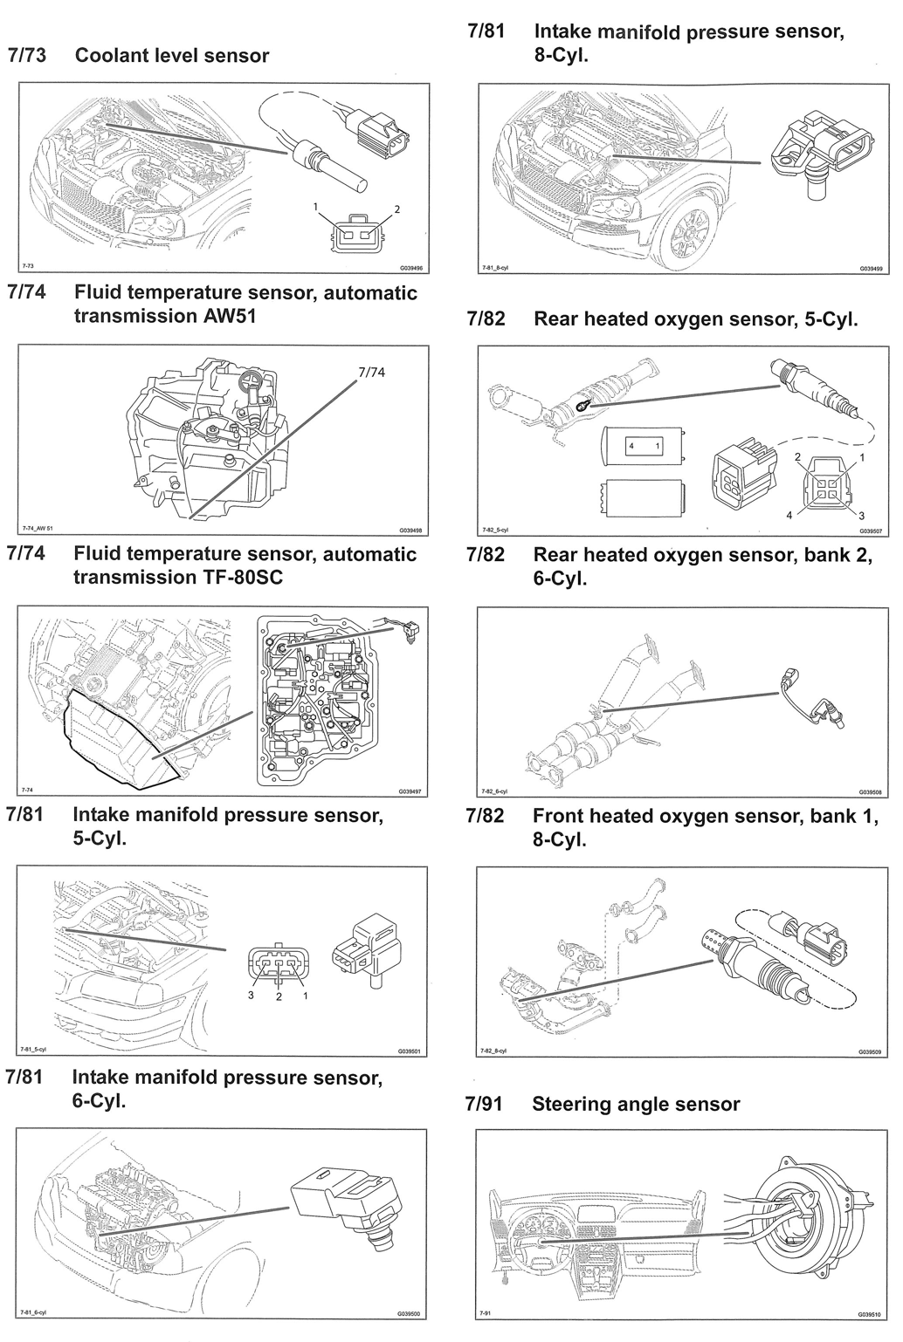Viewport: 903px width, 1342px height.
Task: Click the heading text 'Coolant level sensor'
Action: point(172,56)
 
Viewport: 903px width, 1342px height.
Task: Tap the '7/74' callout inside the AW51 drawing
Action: point(371,372)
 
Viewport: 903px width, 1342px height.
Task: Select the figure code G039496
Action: point(410,270)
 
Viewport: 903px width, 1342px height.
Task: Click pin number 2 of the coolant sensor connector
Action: point(396,210)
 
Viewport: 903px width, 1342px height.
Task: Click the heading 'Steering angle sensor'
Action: point(636,1104)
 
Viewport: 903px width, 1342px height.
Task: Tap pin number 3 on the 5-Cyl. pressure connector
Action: point(251,996)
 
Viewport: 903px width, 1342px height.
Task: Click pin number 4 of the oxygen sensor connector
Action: point(789,515)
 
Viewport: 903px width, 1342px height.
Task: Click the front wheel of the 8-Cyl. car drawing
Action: point(695,232)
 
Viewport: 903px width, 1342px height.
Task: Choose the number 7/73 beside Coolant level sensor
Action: point(28,56)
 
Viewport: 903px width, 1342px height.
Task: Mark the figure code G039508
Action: point(870,792)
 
